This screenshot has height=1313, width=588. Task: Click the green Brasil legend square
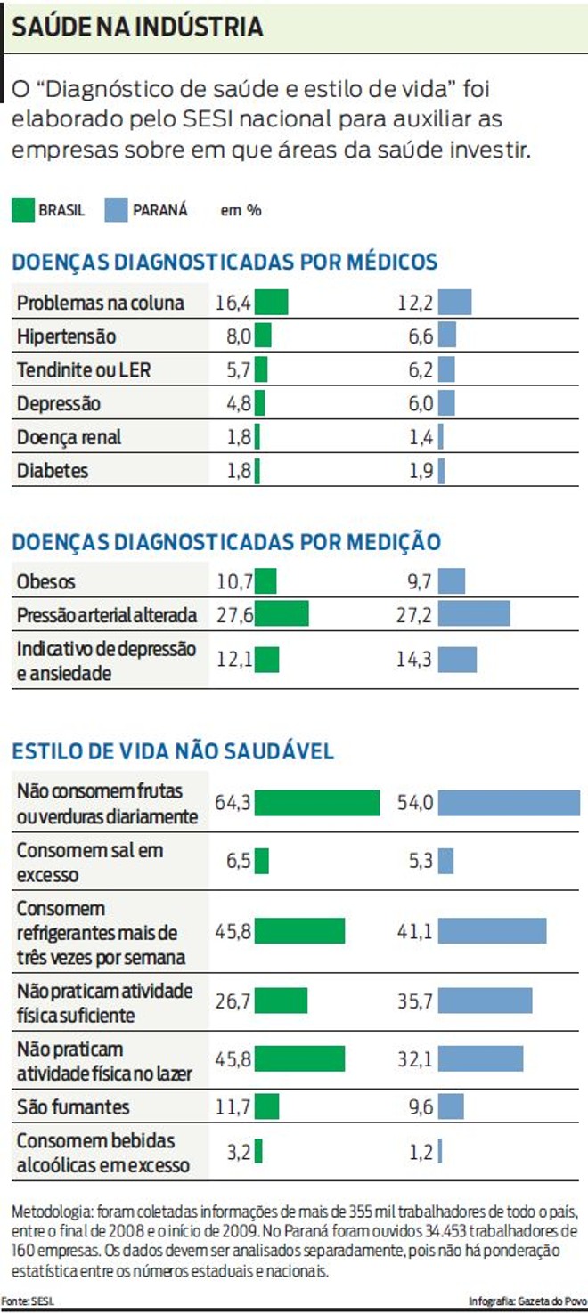23,209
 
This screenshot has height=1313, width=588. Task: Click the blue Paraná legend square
118,209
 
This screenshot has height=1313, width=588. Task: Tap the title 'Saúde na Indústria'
138,27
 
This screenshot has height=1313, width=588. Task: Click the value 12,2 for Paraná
415,303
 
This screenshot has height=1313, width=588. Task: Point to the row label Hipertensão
66,336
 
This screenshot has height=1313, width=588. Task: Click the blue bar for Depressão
445,403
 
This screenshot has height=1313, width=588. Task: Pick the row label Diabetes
53,471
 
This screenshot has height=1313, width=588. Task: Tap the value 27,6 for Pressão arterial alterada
235,615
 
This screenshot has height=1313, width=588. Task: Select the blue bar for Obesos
451,582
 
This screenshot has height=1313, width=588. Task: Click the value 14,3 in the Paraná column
415,660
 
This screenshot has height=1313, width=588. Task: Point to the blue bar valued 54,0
508,803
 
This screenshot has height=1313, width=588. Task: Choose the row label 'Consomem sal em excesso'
89,862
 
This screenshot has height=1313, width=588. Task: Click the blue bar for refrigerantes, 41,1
492,931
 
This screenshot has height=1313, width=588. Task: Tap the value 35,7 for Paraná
415,1001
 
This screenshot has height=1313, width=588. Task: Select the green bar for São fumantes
266,1106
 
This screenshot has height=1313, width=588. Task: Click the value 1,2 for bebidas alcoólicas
421,1151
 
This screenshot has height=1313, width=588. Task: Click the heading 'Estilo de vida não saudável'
173,750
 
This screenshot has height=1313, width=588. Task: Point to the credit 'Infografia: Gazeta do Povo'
527,1301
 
